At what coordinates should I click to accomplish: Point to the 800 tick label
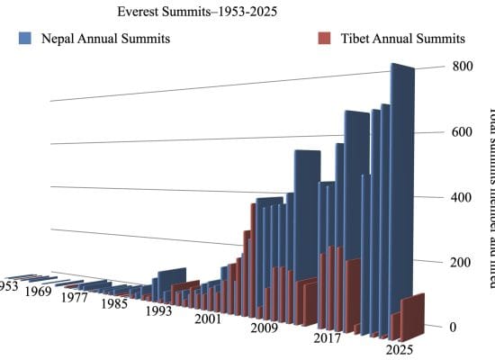461,67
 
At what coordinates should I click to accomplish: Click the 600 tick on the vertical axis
461,132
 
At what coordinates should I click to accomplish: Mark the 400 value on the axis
461,197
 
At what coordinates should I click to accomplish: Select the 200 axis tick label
461,262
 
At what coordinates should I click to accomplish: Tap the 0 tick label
454,327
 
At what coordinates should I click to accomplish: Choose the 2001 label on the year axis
207,319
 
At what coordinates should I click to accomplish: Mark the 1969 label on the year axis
37,292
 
